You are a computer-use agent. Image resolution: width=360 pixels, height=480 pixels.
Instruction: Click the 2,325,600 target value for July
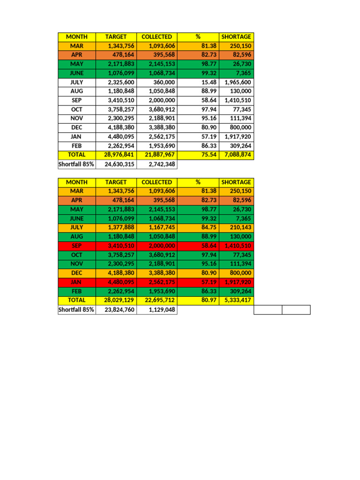tap(121, 82)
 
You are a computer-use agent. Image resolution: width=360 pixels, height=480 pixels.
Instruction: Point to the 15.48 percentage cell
tap(208, 82)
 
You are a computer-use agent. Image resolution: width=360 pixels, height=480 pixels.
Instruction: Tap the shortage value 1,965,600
tap(238, 82)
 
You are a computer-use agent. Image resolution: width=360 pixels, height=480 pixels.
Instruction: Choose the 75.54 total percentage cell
tap(208, 155)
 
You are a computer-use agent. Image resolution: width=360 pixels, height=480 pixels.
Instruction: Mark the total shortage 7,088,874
tap(238, 155)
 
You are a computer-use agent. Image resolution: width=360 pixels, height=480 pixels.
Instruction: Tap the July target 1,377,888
tap(121, 227)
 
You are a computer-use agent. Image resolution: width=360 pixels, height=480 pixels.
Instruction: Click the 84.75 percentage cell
tap(208, 227)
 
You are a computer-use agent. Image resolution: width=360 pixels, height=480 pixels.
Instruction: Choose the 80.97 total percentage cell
tap(208, 300)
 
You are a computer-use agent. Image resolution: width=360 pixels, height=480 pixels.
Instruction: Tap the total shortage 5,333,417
tap(238, 300)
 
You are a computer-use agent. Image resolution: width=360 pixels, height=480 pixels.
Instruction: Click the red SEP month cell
tap(76, 246)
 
